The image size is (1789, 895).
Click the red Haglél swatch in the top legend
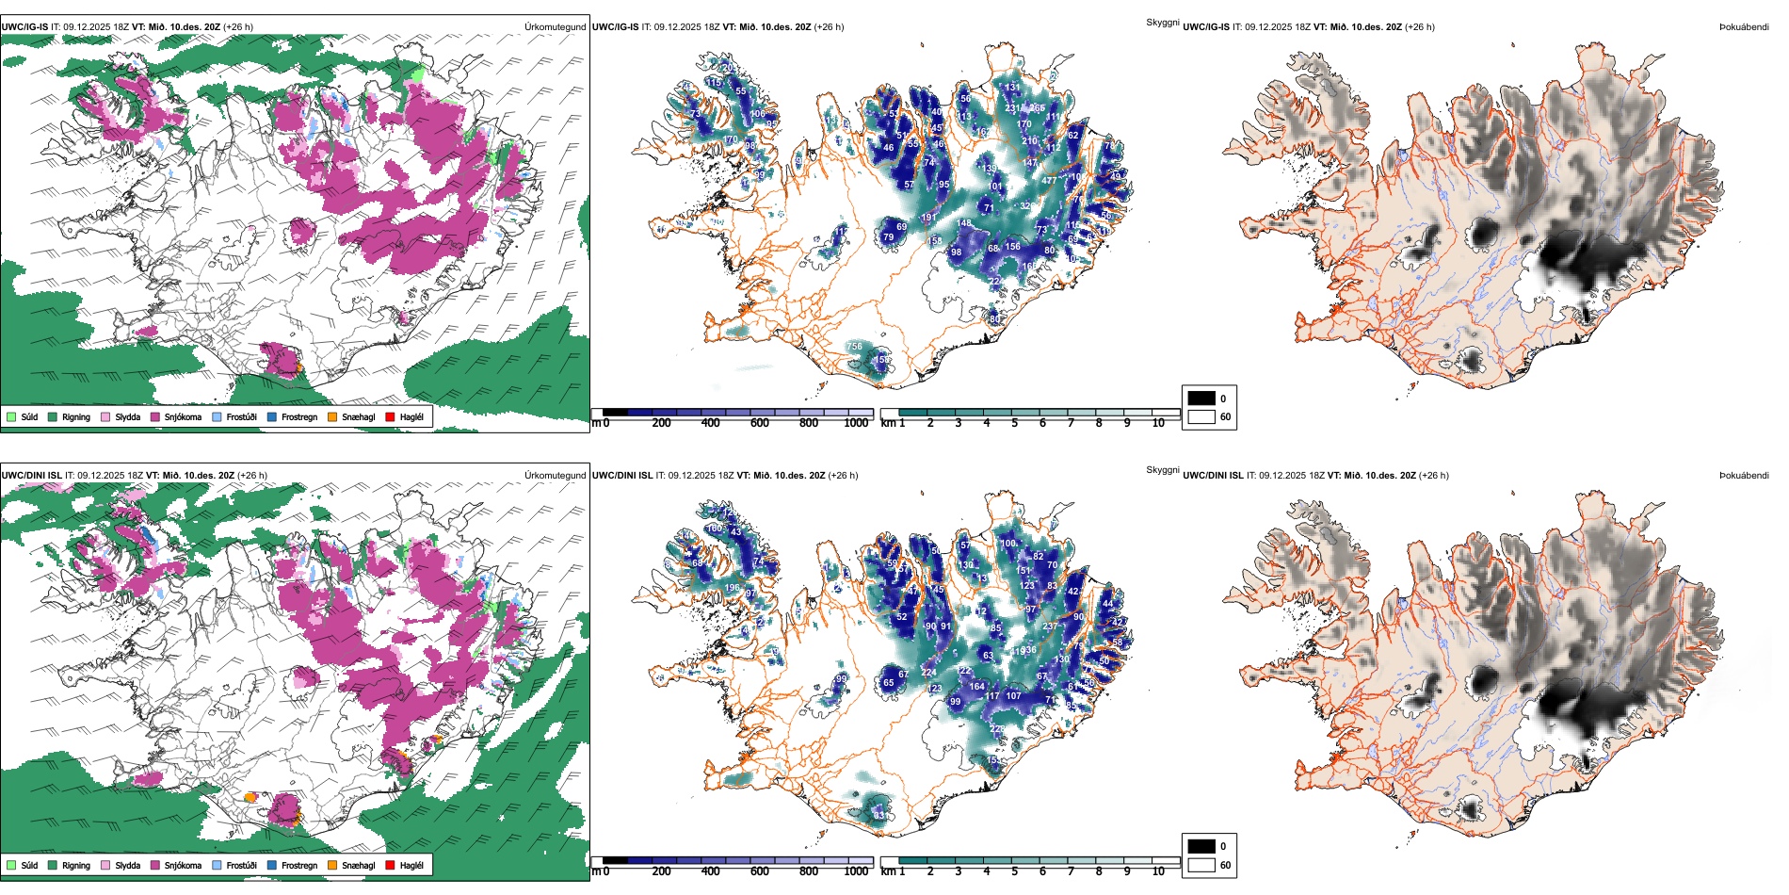click(390, 416)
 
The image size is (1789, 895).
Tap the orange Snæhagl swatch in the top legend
click(332, 416)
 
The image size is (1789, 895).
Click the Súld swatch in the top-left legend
click(11, 416)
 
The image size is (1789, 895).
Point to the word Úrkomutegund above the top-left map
click(556, 27)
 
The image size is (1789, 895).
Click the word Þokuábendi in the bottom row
click(1744, 476)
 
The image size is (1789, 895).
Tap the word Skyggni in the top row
click(1162, 22)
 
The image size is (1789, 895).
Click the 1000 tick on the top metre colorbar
click(856, 423)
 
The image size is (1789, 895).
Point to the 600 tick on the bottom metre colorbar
click(760, 871)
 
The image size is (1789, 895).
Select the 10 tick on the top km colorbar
click(1158, 423)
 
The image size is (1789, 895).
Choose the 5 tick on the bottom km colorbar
click(1015, 871)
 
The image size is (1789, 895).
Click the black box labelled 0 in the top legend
click(1201, 399)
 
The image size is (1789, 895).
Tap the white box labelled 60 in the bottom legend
click(1201, 865)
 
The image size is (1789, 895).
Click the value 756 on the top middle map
click(854, 347)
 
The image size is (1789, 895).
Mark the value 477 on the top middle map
click(1049, 180)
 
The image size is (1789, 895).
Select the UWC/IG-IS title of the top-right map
click(1206, 27)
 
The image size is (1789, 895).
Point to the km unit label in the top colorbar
click(888, 423)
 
